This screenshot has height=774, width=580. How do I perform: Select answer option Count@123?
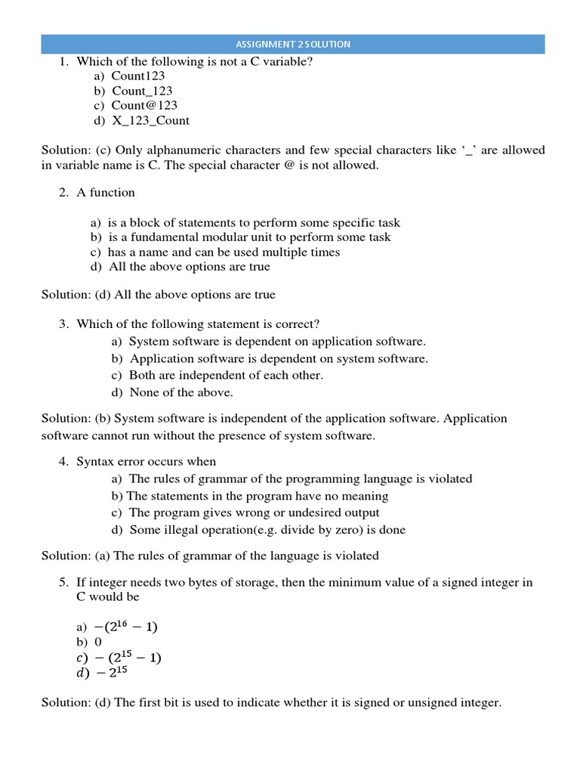click(x=144, y=105)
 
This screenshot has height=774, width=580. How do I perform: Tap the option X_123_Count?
click(x=150, y=120)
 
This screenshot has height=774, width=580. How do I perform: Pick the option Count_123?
click(x=142, y=91)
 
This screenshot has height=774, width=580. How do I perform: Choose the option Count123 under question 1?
click(x=138, y=76)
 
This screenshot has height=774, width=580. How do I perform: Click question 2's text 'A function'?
click(x=106, y=192)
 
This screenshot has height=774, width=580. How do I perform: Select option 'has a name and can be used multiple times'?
click(x=224, y=252)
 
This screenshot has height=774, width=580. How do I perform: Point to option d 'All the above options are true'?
click(x=189, y=267)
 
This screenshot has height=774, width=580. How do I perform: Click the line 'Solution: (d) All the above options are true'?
click(x=159, y=294)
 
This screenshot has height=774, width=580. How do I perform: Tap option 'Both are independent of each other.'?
click(x=226, y=375)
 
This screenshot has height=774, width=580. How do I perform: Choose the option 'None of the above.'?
click(x=181, y=392)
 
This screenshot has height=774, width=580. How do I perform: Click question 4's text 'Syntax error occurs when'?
click(x=146, y=461)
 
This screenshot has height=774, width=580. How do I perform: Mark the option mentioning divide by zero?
click(x=267, y=530)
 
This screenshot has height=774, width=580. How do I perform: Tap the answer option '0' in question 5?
click(x=98, y=642)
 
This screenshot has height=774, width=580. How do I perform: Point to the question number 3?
click(x=64, y=324)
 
